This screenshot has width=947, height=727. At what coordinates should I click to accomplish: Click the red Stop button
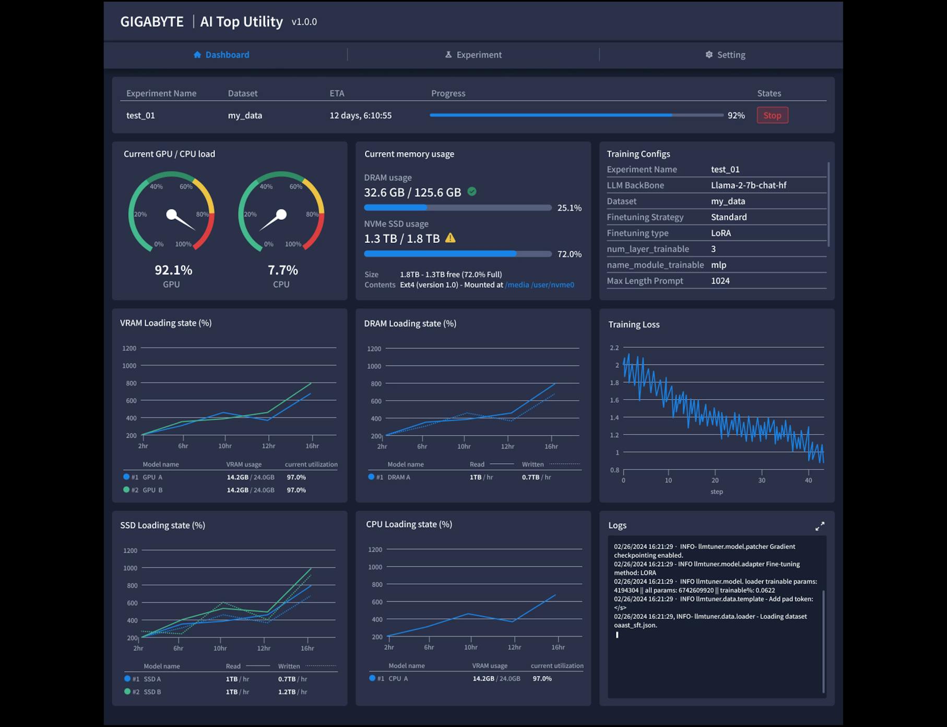(x=772, y=115)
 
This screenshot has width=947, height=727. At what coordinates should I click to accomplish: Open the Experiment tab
(x=473, y=55)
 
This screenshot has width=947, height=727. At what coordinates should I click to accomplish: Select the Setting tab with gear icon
(x=725, y=55)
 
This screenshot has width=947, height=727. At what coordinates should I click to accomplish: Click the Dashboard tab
(x=221, y=55)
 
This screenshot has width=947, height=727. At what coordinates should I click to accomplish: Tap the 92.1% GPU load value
(x=173, y=270)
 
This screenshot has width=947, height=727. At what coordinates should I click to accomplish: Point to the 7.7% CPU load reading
(x=282, y=270)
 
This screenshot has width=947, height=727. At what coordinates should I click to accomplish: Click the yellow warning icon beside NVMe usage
(x=451, y=238)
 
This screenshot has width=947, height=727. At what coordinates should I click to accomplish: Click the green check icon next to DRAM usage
(x=472, y=192)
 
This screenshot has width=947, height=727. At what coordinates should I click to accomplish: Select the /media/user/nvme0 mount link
(x=539, y=285)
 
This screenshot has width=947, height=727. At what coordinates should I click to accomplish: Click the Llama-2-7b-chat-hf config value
(x=748, y=185)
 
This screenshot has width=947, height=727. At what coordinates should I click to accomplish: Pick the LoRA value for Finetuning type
(x=720, y=233)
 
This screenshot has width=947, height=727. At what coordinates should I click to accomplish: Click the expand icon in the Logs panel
(x=820, y=526)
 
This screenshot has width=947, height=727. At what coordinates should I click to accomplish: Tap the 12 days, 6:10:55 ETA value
(x=360, y=115)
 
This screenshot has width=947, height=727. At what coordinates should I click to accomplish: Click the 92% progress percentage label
(x=736, y=115)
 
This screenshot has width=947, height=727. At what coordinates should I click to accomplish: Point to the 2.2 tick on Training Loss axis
(x=614, y=348)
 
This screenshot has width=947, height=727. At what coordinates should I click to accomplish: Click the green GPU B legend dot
(x=126, y=490)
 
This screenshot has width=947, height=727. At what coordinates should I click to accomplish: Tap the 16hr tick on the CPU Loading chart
(x=558, y=647)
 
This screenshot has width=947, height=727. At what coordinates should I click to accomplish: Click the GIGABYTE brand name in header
(x=152, y=21)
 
